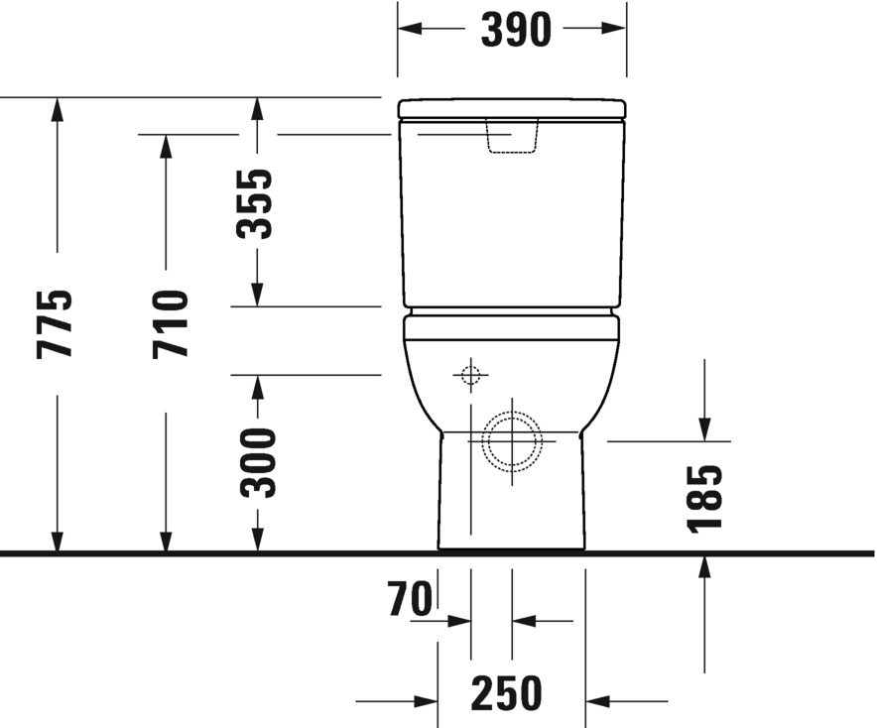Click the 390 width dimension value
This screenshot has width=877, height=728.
(x=515, y=30)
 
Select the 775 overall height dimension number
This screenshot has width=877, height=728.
(x=55, y=323)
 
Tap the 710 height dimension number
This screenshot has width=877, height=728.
(x=170, y=323)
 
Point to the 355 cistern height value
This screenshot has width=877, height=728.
(x=256, y=204)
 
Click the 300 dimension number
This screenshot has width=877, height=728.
(x=259, y=462)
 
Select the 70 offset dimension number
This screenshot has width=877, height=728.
(x=411, y=600)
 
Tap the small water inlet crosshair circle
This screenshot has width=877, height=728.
(x=470, y=376)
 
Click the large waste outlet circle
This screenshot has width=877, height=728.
(x=512, y=440)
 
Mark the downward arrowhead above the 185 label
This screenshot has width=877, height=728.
(x=704, y=428)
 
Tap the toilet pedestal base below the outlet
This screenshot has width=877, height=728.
(x=512, y=516)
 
